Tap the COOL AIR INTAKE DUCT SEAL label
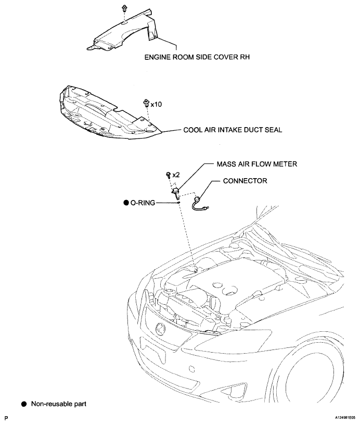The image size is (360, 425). click(x=233, y=130)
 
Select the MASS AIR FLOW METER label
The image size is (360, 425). click(x=256, y=164)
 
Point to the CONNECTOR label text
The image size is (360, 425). click(x=245, y=181)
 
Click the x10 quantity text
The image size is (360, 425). click(x=156, y=104)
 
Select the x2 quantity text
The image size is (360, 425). click(x=176, y=175)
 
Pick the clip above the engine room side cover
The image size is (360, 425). click(x=125, y=9)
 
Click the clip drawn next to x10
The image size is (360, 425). click(x=146, y=104)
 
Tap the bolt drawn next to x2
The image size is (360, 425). click(x=169, y=176)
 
